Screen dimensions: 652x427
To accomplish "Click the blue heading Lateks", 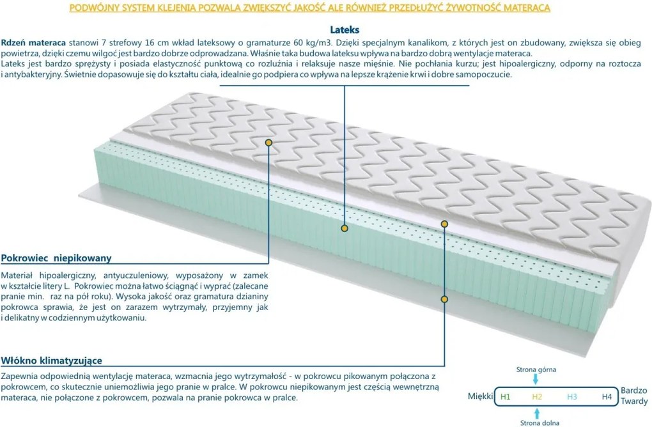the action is (345, 30).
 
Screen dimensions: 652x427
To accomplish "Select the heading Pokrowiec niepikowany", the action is (56, 258).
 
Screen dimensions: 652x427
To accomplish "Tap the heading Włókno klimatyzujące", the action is (52, 361).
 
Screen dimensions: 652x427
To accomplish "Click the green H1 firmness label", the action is (505, 397).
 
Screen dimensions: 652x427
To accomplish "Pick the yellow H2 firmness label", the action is (537, 397).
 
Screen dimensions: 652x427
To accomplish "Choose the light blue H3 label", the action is (571, 397).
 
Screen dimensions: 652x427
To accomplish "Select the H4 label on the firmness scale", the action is (607, 397).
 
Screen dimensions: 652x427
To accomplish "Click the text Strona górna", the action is (536, 369).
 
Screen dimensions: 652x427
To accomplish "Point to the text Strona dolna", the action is (539, 423).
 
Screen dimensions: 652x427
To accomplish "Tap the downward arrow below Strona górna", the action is (536, 379).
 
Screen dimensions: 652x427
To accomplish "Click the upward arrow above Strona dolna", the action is (537, 414).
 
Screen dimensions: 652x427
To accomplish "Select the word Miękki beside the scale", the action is (480, 396).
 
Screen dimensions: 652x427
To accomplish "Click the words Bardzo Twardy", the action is (634, 396).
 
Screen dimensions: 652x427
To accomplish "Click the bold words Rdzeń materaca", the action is (33, 43).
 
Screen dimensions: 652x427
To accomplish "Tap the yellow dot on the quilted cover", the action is (268, 143).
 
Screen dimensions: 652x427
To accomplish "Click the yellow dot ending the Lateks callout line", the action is (345, 228).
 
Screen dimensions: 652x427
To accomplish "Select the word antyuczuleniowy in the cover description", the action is (136, 276).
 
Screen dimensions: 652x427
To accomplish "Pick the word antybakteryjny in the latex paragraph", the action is (32, 75).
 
